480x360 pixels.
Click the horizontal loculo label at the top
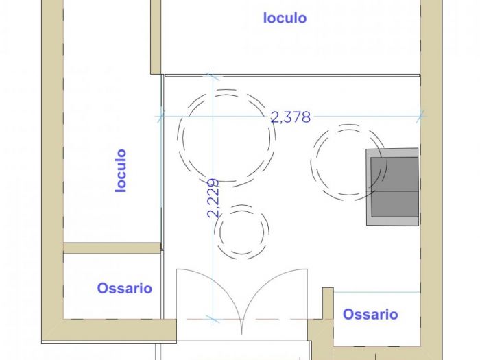(x=285, y=18)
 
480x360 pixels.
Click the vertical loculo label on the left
(x=121, y=170)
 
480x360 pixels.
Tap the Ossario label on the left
(x=124, y=288)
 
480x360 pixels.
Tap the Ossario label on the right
(x=370, y=314)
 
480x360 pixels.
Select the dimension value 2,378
(x=291, y=117)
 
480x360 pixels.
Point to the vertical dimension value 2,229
(x=213, y=198)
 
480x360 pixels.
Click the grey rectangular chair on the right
(x=392, y=187)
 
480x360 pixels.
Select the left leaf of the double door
(x=206, y=295)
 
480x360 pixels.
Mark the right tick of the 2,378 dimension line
(x=420, y=117)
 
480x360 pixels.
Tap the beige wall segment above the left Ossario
(x=112, y=248)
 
